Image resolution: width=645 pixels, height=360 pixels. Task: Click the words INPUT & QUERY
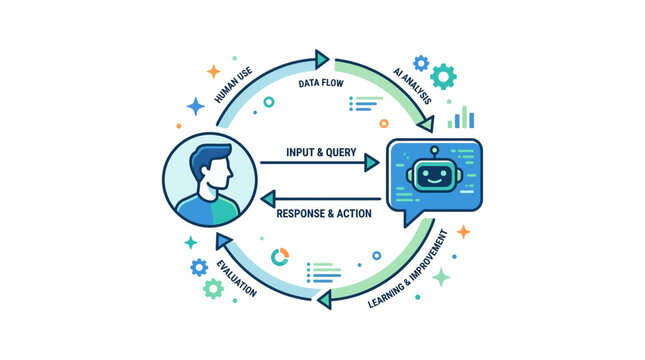pyautogui.click(x=321, y=152)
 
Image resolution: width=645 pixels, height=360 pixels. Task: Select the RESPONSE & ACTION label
pyautogui.click(x=324, y=214)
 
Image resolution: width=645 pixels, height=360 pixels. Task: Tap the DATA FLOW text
pyautogui.click(x=321, y=84)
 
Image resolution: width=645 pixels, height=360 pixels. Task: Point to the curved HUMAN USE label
pyautogui.click(x=233, y=85)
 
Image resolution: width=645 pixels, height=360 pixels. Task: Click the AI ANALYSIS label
pyautogui.click(x=413, y=86)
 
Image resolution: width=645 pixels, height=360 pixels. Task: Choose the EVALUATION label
pyautogui.click(x=237, y=279)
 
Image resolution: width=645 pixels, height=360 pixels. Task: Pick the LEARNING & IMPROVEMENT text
pyautogui.click(x=408, y=269)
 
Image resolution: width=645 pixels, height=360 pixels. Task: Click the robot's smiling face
pyautogui.click(x=434, y=176)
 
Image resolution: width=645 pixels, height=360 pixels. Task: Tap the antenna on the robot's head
pyautogui.click(x=434, y=152)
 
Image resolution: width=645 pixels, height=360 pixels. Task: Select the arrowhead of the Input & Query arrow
pyautogui.click(x=371, y=163)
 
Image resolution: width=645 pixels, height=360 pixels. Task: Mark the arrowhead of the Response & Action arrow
pyautogui.click(x=268, y=199)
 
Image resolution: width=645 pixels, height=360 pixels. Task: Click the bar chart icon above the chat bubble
pyautogui.click(x=461, y=117)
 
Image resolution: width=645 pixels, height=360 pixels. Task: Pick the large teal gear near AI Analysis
pyautogui.click(x=443, y=77)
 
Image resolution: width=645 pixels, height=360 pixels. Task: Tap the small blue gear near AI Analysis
pyautogui.click(x=421, y=63)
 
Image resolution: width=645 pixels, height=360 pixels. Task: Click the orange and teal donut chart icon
pyautogui.click(x=280, y=257)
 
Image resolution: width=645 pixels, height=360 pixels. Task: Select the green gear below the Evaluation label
pyautogui.click(x=213, y=288)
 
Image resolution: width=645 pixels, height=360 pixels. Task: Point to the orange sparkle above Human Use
pyautogui.click(x=213, y=71)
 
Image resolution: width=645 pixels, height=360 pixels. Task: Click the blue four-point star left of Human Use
pyautogui.click(x=196, y=106)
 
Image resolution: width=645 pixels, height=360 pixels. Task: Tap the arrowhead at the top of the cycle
pyautogui.click(x=322, y=60)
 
